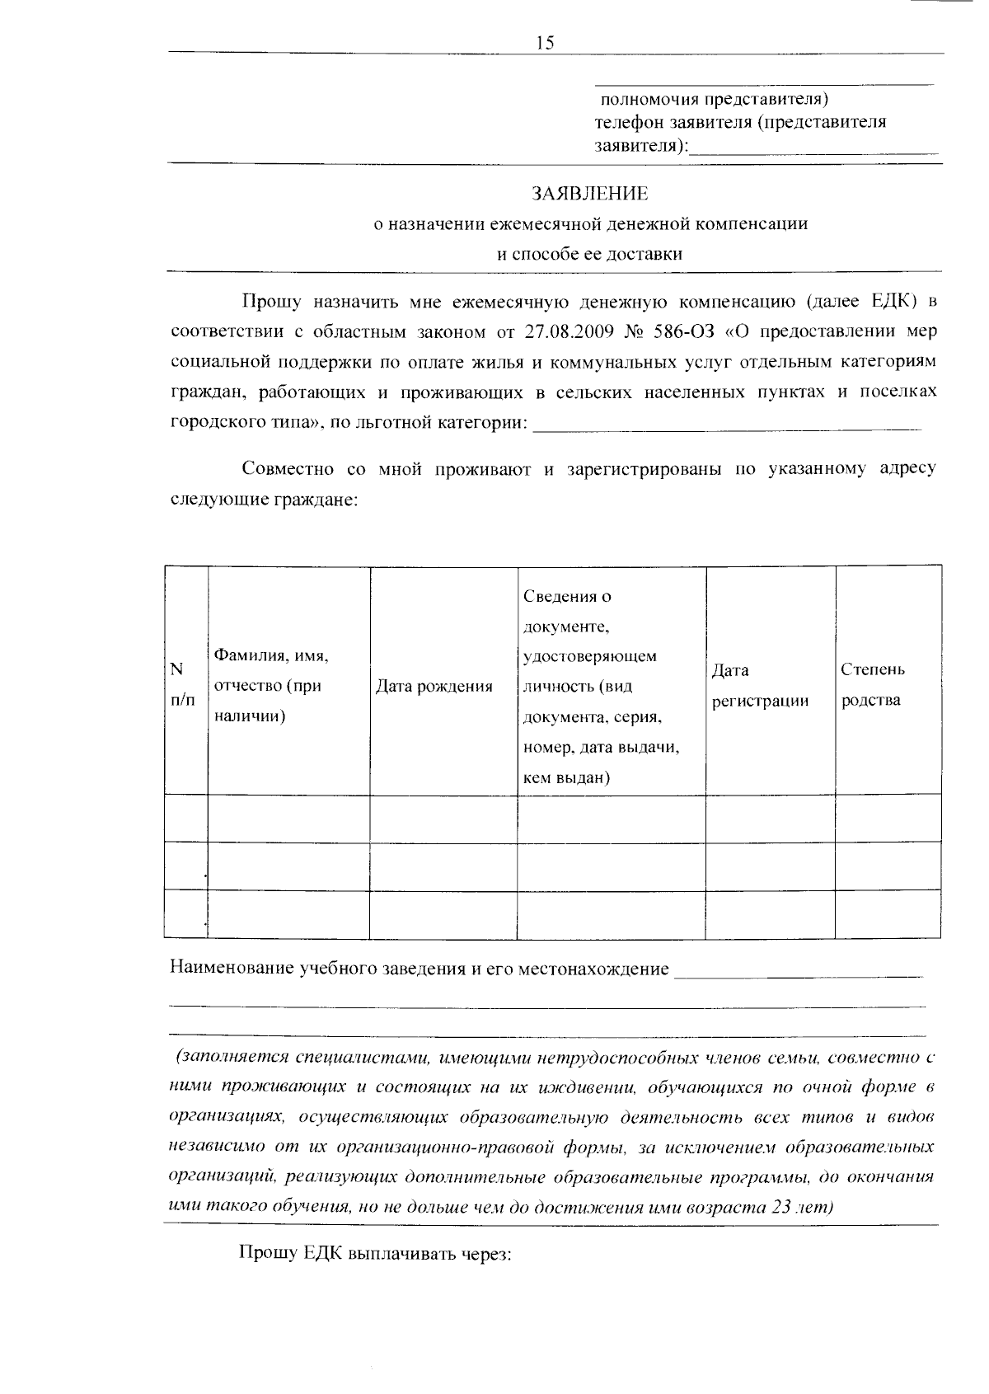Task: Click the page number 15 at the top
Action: click(545, 44)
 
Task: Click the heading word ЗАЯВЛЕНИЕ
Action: click(589, 194)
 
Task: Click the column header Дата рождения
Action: click(434, 687)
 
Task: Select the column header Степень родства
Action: click(872, 685)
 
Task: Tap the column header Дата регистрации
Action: click(760, 686)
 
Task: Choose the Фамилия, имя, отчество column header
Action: click(271, 686)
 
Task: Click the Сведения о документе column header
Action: click(602, 686)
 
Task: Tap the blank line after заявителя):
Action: click(813, 150)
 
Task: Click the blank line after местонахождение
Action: click(798, 974)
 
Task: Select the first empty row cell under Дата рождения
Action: click(443, 818)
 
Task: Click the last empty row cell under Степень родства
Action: click(888, 914)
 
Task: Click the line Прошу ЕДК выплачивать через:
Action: click(376, 1253)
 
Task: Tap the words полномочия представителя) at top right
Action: click(713, 100)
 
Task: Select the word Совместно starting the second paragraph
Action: click(288, 469)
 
